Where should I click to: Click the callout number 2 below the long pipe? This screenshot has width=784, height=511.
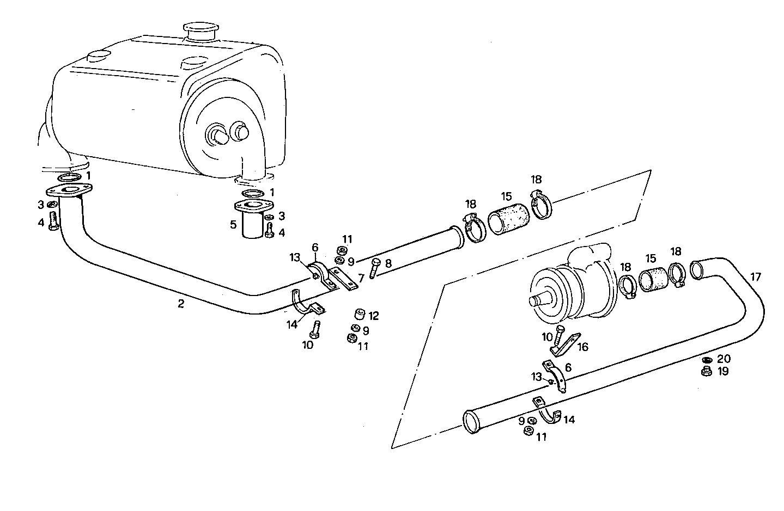click(181, 304)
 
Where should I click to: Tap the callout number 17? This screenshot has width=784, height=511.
click(756, 277)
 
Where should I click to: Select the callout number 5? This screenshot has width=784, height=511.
click(233, 224)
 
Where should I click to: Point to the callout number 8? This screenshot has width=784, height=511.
click(388, 263)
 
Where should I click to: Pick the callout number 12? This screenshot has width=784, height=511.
click(373, 316)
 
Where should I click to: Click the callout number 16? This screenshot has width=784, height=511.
click(582, 347)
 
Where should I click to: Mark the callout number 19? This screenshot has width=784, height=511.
click(723, 372)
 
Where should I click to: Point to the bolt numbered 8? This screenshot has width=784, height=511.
click(374, 268)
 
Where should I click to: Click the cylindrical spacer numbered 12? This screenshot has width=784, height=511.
click(358, 315)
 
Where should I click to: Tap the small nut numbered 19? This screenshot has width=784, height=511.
click(707, 372)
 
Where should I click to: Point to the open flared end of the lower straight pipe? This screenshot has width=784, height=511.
click(470, 422)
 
